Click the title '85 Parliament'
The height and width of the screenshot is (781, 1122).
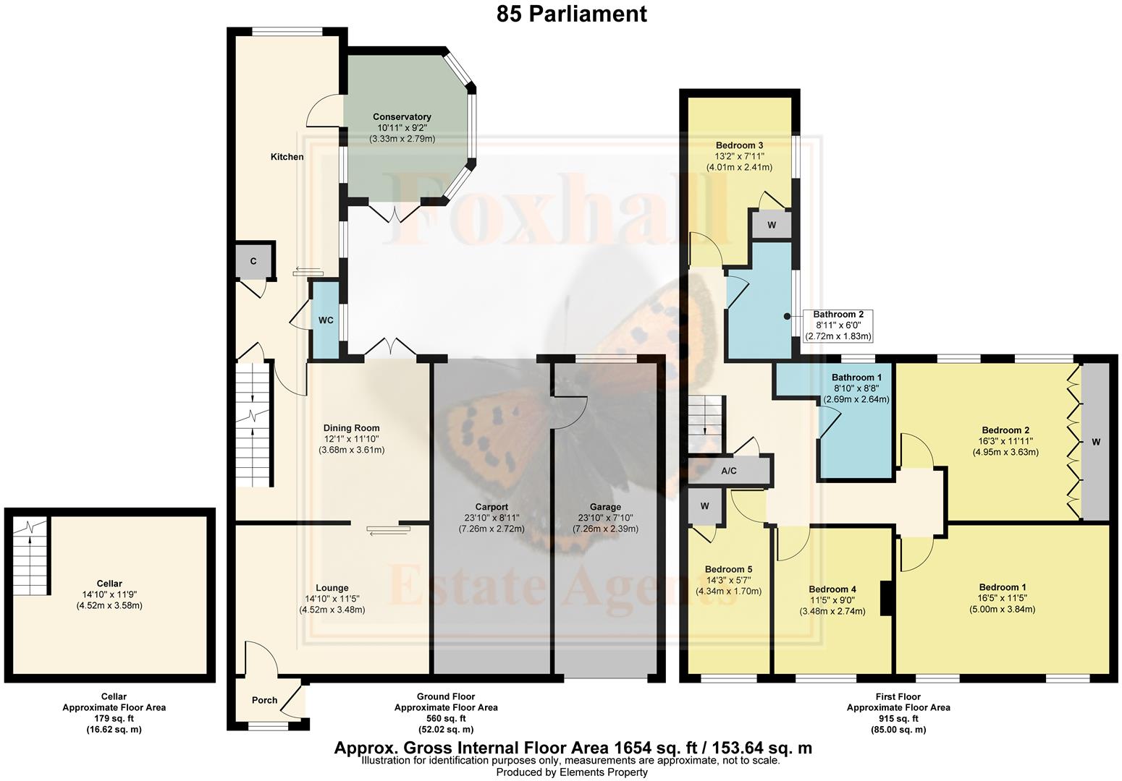(571, 14)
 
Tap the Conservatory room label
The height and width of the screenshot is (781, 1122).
(402, 116)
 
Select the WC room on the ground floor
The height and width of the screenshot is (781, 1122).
(326, 320)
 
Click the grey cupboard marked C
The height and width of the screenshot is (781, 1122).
(253, 261)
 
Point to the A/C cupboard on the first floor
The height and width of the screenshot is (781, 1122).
(728, 471)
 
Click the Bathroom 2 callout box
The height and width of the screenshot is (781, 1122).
(838, 325)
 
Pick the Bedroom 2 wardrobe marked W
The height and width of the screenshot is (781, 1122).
(1095, 442)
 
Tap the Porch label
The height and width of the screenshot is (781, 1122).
(264, 700)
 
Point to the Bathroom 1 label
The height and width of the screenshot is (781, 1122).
(857, 377)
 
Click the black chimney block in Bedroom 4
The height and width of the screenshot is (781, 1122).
(885, 598)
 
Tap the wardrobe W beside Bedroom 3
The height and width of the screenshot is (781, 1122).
(772, 225)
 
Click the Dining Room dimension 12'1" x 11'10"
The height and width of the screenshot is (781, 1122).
(351, 439)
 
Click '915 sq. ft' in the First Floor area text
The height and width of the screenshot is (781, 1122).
(898, 719)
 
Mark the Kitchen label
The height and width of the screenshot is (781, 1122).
(287, 157)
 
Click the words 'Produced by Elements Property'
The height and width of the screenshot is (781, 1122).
(571, 772)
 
